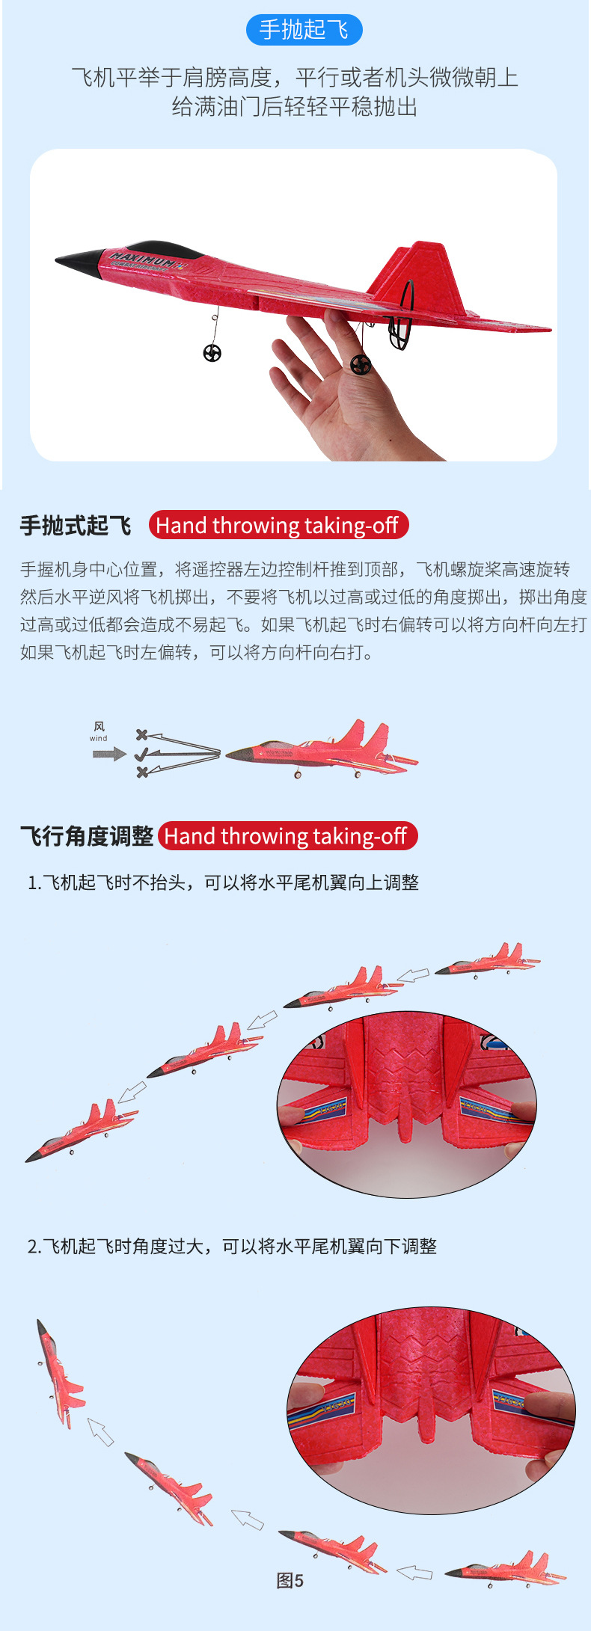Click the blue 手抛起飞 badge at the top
pyautogui.click(x=304, y=30)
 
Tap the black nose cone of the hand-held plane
pyautogui.click(x=79, y=262)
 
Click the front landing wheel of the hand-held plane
pyautogui.click(x=212, y=353)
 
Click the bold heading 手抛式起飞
pyautogui.click(x=76, y=526)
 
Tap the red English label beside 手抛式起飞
pyautogui.click(x=278, y=525)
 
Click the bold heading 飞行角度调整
pyautogui.click(x=87, y=836)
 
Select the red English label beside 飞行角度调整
pyautogui.click(x=287, y=835)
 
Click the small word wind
pyautogui.click(x=99, y=738)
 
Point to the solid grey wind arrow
pyautogui.click(x=109, y=754)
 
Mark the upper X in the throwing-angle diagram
pyautogui.click(x=141, y=736)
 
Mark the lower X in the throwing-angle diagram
pyautogui.click(x=142, y=772)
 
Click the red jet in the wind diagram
pyautogui.click(x=322, y=750)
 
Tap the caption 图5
pyautogui.click(x=290, y=1580)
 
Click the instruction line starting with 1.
pyautogui.click(x=223, y=882)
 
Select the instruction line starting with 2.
pyautogui.click(x=232, y=1246)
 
